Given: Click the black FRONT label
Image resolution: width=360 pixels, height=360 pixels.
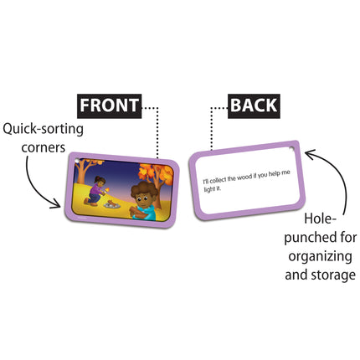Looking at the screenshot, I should [108, 106].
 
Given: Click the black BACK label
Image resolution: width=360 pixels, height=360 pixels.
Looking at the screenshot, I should [253, 106].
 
